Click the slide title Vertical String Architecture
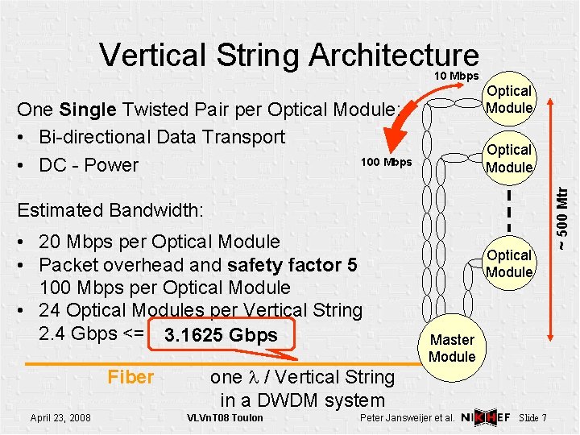point(288,55)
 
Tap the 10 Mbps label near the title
point(457,76)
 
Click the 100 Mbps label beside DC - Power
point(386,162)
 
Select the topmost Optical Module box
point(509,100)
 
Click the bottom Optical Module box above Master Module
point(509,263)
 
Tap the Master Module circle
point(453,348)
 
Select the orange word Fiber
point(130,376)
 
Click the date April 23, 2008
point(60,417)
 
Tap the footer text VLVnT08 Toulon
point(225,417)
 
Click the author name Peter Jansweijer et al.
point(408,417)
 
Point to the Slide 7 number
point(533,417)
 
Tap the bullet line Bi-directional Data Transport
point(161,136)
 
